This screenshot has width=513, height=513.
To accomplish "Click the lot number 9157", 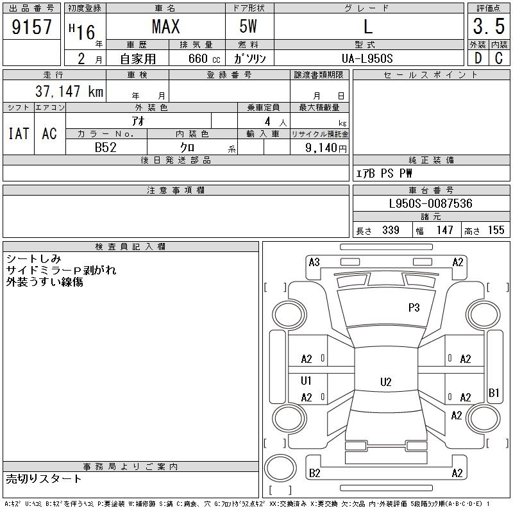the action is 32,26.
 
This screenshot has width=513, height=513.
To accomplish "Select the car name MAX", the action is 165,27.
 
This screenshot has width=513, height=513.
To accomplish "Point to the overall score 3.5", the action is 488,27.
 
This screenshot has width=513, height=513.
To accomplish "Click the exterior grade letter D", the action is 477,58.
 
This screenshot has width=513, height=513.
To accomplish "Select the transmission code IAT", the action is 19,133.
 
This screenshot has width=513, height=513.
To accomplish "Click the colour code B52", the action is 106,147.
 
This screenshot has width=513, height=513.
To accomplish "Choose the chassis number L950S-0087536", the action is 431,204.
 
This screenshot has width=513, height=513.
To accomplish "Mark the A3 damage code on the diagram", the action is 314,262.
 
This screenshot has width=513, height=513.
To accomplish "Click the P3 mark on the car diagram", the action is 414,308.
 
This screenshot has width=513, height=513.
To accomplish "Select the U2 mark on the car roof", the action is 385,382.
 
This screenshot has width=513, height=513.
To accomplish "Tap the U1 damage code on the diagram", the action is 307,380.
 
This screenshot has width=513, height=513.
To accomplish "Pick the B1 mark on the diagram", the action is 494,392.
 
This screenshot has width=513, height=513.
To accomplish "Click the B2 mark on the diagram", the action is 314,473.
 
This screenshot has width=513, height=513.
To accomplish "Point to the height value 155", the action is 496,230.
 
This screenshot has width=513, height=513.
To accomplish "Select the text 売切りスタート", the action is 44,478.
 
